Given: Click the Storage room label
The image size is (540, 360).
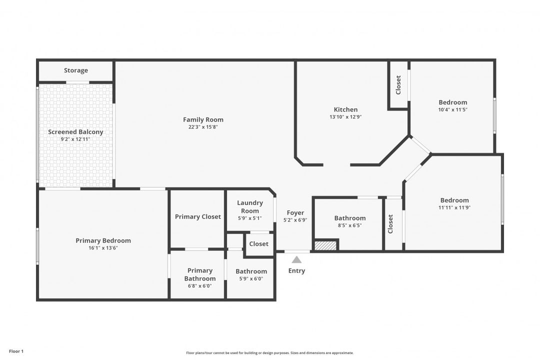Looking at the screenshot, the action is tap(76, 70).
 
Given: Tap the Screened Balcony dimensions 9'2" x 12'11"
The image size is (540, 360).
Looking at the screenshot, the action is tap(75, 139).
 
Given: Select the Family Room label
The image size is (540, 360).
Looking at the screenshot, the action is tap(203, 119).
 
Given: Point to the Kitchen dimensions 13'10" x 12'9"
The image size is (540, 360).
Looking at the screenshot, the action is tap(345, 117).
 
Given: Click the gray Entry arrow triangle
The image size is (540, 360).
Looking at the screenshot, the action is tap(296, 259).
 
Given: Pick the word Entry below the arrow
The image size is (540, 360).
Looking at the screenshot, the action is tap(296, 271).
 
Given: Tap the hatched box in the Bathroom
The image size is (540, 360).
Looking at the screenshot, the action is tap(325, 245).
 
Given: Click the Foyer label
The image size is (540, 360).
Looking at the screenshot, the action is tap(295, 212).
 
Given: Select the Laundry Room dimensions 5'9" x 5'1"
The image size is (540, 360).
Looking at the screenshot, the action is tap(249, 218).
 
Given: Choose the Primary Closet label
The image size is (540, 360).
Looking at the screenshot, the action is tap(197, 216).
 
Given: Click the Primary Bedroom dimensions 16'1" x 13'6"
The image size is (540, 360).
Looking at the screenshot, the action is tap(103, 247).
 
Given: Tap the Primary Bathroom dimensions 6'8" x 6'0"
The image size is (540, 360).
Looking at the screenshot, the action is tap(199, 286).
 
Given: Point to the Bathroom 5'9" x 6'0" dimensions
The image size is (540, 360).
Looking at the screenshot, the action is tap(251, 278).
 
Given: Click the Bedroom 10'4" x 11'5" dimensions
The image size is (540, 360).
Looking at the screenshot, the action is tap(453, 109).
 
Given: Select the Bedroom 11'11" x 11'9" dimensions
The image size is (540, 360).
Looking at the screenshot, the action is tap(454, 207).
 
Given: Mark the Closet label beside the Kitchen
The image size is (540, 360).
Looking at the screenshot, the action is tap(398, 84).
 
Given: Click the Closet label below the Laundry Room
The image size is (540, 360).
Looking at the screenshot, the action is tap(258, 244).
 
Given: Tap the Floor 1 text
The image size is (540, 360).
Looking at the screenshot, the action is tap(16, 351).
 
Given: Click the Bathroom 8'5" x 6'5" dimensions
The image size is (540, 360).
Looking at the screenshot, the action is tap(350, 225).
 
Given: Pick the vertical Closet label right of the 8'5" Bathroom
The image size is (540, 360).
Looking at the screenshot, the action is tap(390, 224).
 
